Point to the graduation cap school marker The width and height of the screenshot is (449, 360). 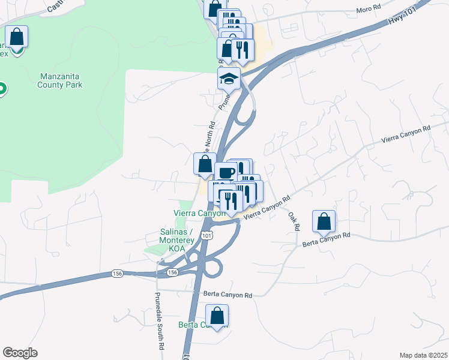(229, 79)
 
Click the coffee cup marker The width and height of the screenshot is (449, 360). (226, 173)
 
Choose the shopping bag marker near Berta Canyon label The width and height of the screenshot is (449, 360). (217, 316)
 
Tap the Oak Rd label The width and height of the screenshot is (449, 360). (294, 221)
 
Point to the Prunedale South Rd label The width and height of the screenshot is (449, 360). (158, 321)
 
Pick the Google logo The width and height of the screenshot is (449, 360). (20, 353)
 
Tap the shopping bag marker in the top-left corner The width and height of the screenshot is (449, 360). (17, 37)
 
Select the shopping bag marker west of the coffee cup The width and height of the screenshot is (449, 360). (205, 164)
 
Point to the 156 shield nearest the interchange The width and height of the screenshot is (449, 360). (172, 272)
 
